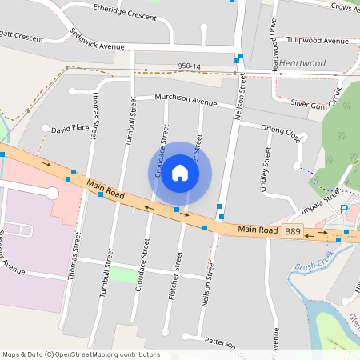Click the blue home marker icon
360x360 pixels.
tap(180, 173)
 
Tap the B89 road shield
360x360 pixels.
tap(293, 231)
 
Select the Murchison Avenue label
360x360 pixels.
tap(186, 102)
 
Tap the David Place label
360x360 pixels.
tap(70, 128)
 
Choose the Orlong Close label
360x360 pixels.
tap(280, 132)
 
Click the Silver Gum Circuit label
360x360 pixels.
tap(321, 103)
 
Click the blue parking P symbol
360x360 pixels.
tap(344, 210)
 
